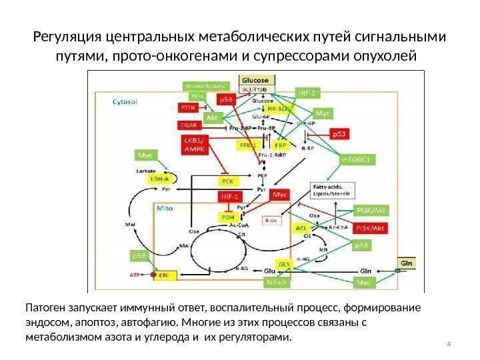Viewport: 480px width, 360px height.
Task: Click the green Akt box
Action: [213, 117]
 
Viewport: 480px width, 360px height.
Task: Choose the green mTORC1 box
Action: [359, 159]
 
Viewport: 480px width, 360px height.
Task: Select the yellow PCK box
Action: [226, 181]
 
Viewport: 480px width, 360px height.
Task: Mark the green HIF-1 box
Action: [307, 93]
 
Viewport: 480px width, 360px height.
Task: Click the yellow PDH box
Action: [228, 217]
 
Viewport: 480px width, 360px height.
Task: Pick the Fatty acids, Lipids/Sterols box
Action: [331, 190]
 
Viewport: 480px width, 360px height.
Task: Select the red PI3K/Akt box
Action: [371, 228]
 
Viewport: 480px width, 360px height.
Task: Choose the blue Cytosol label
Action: [125, 103]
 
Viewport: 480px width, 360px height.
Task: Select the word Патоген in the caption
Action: [45, 309]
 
